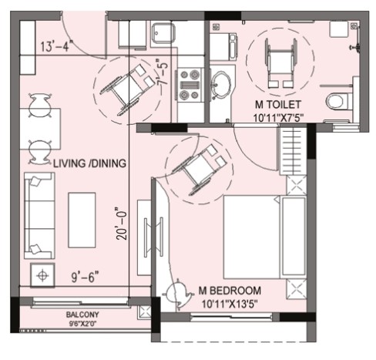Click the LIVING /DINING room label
[89, 163]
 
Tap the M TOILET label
[278, 105]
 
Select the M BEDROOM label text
[230, 291]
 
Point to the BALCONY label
[82, 315]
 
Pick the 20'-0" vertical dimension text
[122, 223]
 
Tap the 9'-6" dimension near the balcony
[85, 277]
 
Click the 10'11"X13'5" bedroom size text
[230, 304]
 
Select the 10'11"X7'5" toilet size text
[278, 118]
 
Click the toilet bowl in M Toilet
[337, 101]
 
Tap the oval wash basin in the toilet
[220, 85]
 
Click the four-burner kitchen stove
[190, 85]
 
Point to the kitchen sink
[163, 34]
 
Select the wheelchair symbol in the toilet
[281, 63]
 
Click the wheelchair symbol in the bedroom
[199, 170]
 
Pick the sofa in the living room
[39, 215]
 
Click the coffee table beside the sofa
[82, 220]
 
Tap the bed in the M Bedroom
[265, 237]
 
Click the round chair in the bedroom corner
[178, 293]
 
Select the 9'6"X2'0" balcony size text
[82, 324]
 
